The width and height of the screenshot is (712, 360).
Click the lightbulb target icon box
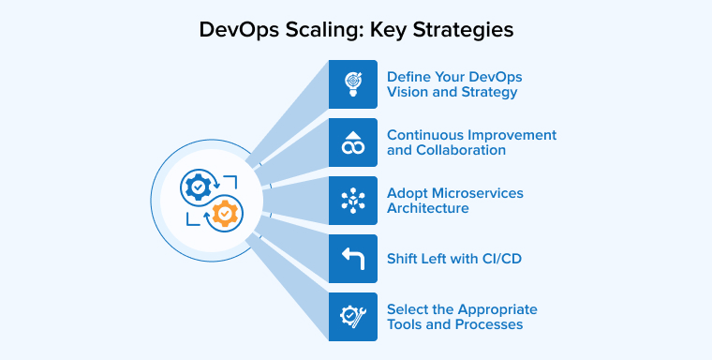click(x=352, y=84)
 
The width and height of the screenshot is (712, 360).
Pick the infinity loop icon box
click(x=352, y=142)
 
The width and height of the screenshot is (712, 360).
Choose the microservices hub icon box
click(x=352, y=201)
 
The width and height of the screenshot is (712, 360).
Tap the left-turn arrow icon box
click(x=352, y=259)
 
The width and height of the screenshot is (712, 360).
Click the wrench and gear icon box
click(x=352, y=317)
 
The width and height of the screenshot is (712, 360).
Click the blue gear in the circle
click(x=200, y=187)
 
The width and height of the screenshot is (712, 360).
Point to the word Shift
click(x=404, y=259)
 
